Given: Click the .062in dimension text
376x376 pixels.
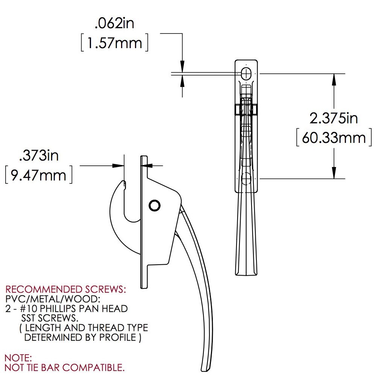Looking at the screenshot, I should click(x=114, y=24).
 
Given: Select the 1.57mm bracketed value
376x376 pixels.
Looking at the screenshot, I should click(x=114, y=43).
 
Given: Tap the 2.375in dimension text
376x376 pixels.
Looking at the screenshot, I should click(x=333, y=118).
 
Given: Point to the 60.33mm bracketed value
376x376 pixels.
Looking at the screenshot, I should click(x=334, y=138).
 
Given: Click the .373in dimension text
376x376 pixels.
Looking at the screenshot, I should click(x=39, y=155).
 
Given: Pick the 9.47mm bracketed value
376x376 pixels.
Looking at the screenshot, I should click(x=38, y=175).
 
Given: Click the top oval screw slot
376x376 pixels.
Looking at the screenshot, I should click(x=246, y=73).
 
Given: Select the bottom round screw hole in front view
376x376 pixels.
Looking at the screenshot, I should click(x=246, y=178).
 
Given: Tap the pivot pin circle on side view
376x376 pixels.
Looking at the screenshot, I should click(x=155, y=205).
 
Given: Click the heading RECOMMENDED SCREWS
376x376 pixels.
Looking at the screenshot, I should click(x=65, y=290).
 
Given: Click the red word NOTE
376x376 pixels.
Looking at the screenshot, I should click(x=18, y=358).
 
